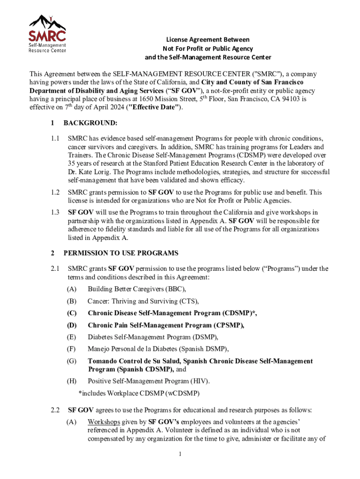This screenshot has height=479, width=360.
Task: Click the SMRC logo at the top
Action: (x=47, y=33)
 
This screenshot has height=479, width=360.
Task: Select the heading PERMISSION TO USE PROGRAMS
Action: (x=121, y=253)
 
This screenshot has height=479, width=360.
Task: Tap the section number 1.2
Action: (x=56, y=192)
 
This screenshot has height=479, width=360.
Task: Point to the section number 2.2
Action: (x=56, y=410)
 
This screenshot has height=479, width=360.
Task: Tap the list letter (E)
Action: (x=72, y=337)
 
